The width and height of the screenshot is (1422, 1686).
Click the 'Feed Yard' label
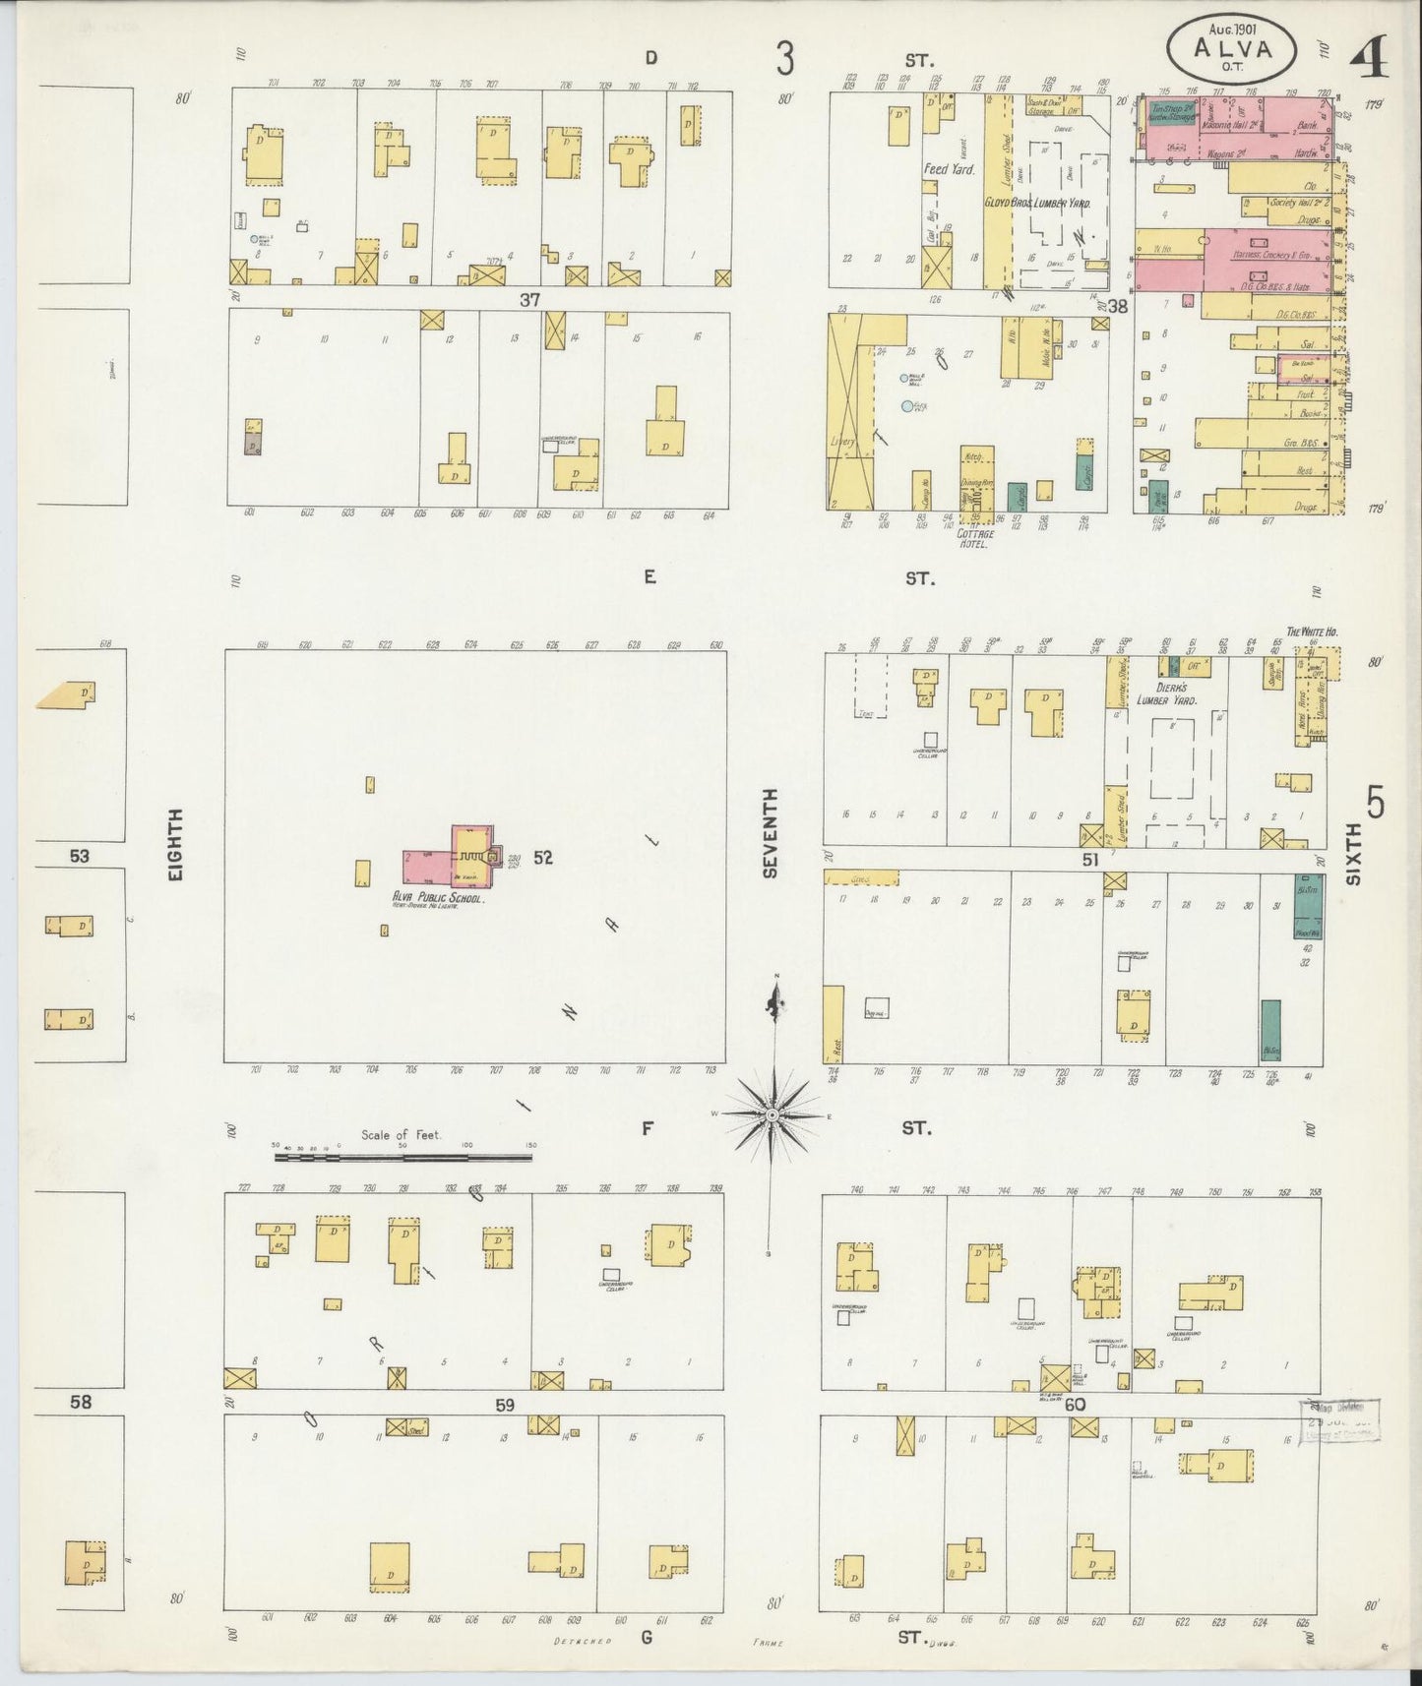coord(949,169)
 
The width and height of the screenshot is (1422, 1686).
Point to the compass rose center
coord(773,1114)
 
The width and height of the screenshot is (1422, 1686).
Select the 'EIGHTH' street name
coord(177,843)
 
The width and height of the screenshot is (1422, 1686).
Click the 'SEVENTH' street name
coord(770,833)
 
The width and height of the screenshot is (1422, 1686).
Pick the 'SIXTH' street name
coord(1353,855)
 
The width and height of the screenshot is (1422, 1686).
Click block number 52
coord(543,858)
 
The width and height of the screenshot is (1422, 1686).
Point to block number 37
coord(529,300)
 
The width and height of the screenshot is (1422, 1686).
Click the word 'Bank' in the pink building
coord(1308,127)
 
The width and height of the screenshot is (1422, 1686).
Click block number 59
coord(505,1406)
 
